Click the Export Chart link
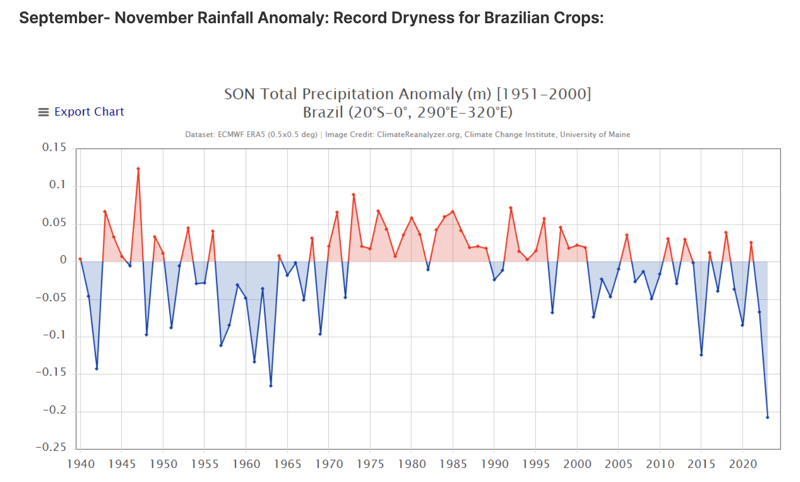click(x=89, y=112)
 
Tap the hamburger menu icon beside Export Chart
click(x=44, y=112)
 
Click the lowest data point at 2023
click(x=767, y=417)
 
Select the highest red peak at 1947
click(x=138, y=169)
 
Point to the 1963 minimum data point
click(x=271, y=386)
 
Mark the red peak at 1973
click(x=354, y=195)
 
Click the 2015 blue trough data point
click(x=701, y=355)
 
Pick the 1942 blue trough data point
click(x=97, y=369)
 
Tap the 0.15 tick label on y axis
click(x=54, y=148)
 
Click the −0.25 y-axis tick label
click(x=51, y=448)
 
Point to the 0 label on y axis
click(x=63, y=260)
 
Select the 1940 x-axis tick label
click(x=81, y=464)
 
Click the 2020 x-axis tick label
click(x=743, y=464)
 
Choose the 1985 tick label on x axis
click(x=453, y=464)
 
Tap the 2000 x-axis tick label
click(x=577, y=464)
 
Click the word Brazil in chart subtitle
click(x=323, y=112)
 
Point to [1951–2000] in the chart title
click(x=544, y=94)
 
